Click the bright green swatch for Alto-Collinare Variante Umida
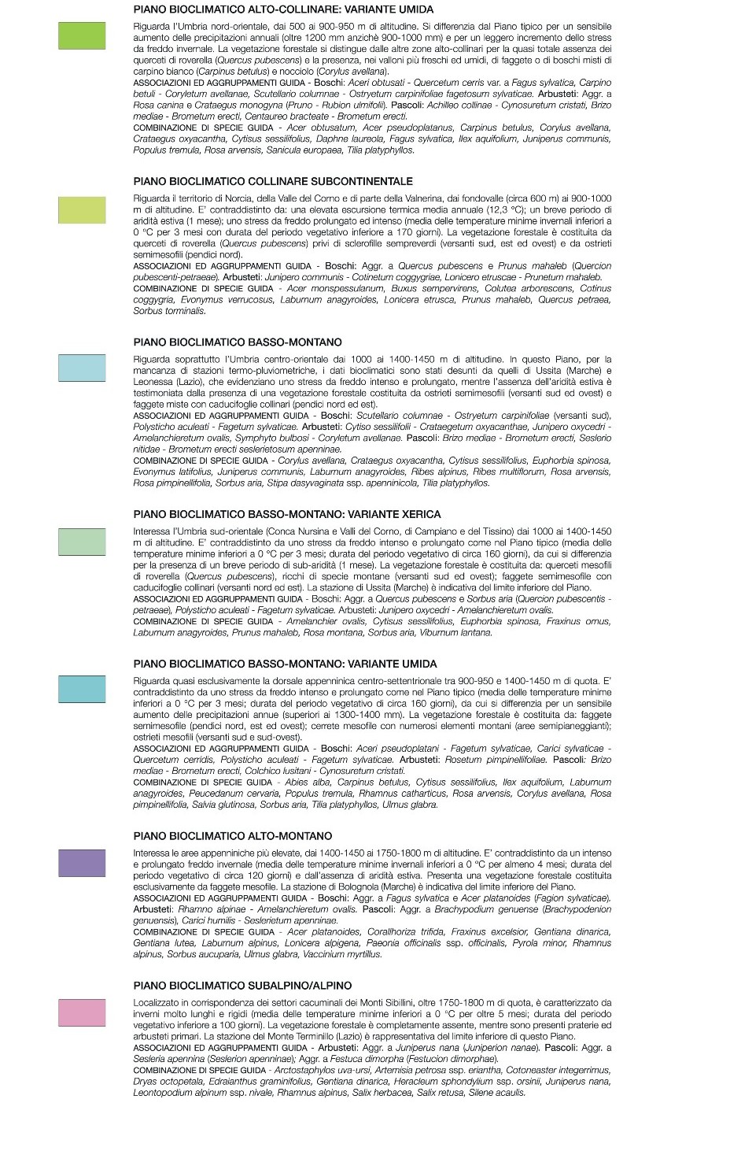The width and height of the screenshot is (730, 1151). pos(82,35)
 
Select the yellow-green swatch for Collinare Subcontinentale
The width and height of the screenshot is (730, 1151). pos(82,209)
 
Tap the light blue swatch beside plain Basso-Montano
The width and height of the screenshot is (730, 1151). pos(82,368)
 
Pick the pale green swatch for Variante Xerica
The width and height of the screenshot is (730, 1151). pos(82,542)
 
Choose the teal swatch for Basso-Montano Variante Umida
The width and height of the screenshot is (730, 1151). pos(82,689)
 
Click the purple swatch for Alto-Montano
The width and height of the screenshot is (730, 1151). pos(82,863)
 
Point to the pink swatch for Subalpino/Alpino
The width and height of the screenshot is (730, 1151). pos(82,1012)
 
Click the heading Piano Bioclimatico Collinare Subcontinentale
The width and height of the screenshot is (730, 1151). pos(273,181)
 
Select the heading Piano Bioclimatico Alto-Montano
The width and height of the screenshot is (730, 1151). pos(233,836)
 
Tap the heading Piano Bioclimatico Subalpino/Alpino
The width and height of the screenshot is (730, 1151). pos(242,986)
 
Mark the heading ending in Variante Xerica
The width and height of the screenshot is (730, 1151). pos(287,514)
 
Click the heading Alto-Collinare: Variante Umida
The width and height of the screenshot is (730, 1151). pos(283,9)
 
